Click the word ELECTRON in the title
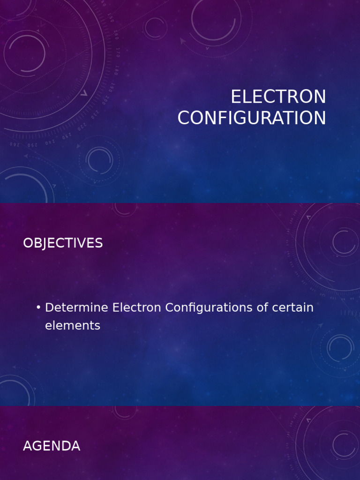[278, 97]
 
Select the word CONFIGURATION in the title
[252, 118]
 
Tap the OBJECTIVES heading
[63, 243]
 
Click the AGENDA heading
[52, 446]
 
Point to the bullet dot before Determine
[38, 307]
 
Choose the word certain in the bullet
[291, 308]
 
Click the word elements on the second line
[73, 326]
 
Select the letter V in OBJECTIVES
[81, 243]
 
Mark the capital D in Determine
[49, 308]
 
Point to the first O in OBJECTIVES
[28, 243]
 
